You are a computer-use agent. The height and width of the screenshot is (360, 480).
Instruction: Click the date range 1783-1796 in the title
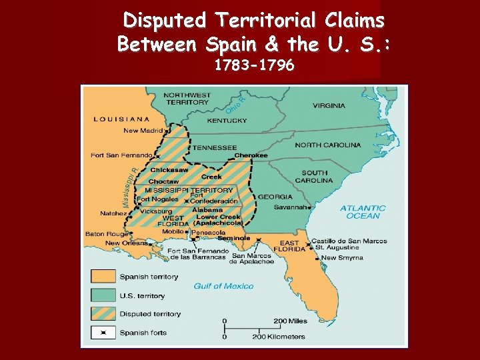pyautogui.click(x=253, y=66)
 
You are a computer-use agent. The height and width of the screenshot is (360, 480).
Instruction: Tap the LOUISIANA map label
pyautogui.click(x=121, y=119)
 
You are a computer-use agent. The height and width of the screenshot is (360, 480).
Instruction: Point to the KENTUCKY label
pyautogui.click(x=227, y=121)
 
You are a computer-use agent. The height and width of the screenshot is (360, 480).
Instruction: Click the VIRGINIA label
pyautogui.click(x=329, y=105)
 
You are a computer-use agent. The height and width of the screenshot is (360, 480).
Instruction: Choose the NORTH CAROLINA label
pyautogui.click(x=328, y=145)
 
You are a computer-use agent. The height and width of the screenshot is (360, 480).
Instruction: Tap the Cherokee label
pyautogui.click(x=251, y=155)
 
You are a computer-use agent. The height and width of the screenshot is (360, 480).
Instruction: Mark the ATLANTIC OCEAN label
pyautogui.click(x=363, y=212)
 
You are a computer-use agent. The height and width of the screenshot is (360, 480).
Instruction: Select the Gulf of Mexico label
pyautogui.click(x=223, y=286)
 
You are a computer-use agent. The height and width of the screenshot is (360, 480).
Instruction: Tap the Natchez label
pyautogui.click(x=113, y=213)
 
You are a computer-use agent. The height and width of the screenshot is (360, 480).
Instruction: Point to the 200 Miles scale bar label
pyautogui.click(x=290, y=321)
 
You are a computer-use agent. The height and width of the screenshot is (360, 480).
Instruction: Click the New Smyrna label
pyautogui.click(x=342, y=257)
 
